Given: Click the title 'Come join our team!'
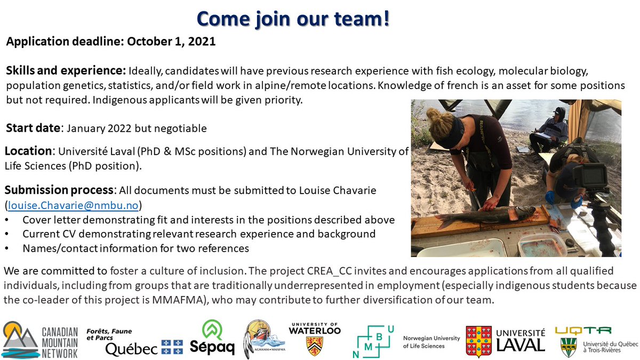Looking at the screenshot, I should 293,18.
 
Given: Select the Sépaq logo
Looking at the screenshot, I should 212,338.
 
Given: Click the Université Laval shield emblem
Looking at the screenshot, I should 478,341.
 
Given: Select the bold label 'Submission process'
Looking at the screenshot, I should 59,190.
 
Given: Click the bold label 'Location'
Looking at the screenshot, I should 27,151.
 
